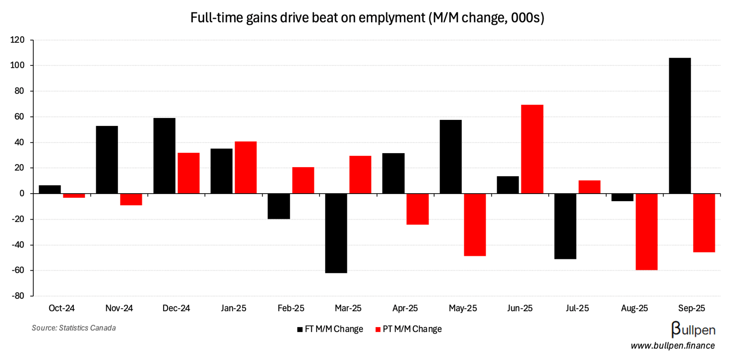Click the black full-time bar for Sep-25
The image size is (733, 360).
point(680,126)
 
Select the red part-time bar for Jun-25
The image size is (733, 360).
point(532,149)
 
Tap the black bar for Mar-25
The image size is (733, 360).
point(336,233)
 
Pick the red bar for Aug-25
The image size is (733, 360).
point(646,232)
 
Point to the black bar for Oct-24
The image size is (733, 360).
point(50,189)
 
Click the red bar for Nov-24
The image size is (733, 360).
point(131,199)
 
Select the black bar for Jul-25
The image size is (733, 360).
point(565,226)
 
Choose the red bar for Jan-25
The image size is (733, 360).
point(245,167)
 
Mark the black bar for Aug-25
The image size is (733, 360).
point(622,197)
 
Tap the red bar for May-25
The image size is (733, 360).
point(475,224)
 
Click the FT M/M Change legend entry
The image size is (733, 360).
point(330,329)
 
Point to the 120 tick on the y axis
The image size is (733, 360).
point(18,40)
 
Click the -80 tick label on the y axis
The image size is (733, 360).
point(17,296)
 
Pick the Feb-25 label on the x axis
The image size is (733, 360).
point(291,308)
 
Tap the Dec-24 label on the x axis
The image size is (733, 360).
point(176,308)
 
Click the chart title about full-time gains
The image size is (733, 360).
point(367,18)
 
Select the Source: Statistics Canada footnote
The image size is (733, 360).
point(74,328)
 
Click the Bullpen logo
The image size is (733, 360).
point(693,329)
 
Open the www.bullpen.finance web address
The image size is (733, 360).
point(673,346)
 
